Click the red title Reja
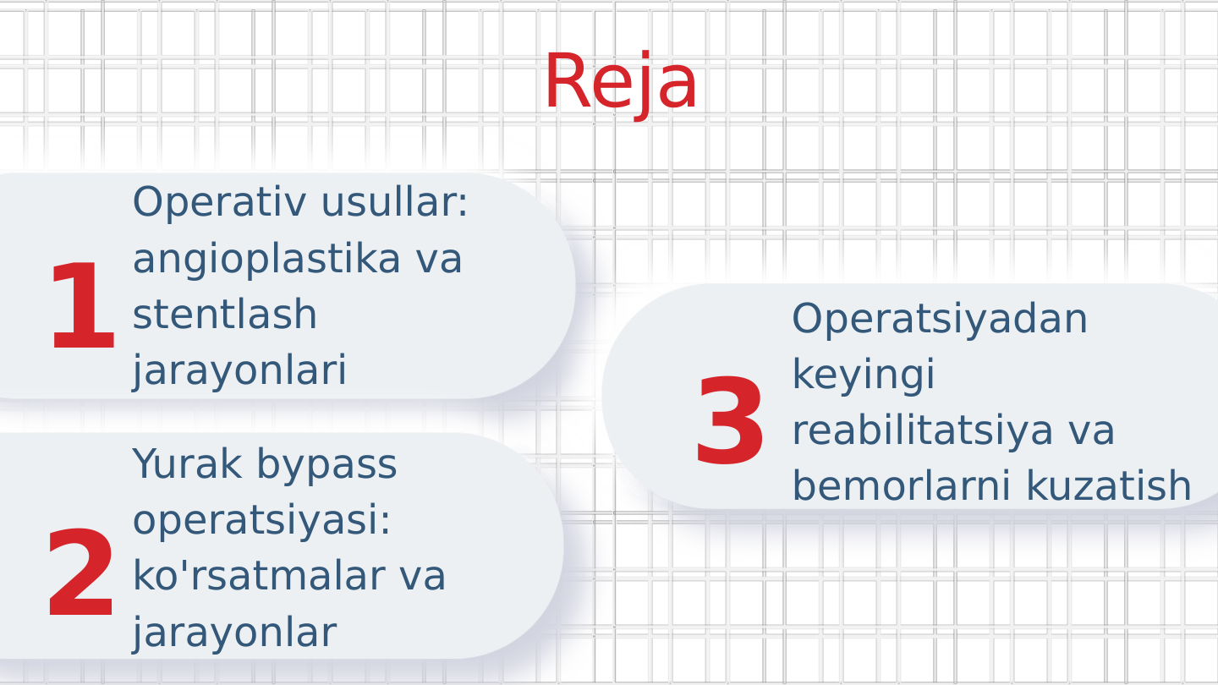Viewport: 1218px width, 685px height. pos(620,82)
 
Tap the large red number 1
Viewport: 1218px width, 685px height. pos(81,308)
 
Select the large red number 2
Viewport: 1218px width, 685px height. pos(80,574)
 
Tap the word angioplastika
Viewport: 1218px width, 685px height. pos(266,259)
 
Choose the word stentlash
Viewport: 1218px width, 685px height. pos(224,315)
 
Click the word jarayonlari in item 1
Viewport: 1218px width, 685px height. pos(239,370)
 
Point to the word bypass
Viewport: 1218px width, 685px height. pos(326,465)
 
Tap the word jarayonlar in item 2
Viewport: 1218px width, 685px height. pos(234,632)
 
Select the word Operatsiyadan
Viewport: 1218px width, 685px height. pos(939,319)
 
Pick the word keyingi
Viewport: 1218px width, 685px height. pos(863,375)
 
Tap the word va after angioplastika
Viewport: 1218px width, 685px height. pos(438,259)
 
